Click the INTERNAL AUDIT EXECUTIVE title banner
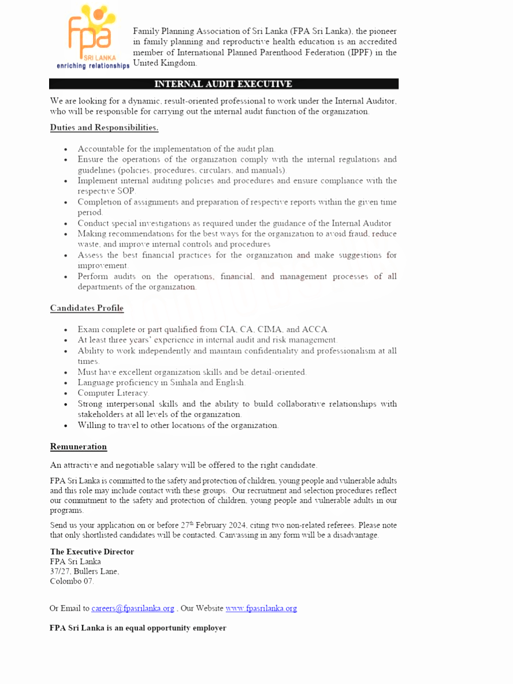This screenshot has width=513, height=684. pos(224,84)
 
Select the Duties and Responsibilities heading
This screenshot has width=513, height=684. pos(104,128)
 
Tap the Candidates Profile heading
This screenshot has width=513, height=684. pos(87,308)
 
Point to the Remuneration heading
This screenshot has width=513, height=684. pos(79,447)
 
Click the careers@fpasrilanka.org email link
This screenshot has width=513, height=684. pos(133,608)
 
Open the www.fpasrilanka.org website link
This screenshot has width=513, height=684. pos(261,608)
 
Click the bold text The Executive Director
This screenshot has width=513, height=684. pos(92,552)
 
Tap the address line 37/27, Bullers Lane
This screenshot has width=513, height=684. pos(84,571)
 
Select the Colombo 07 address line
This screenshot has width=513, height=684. pos(72,581)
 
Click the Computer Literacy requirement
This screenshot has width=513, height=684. pos(113,393)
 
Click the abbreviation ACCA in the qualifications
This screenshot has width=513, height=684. pos(315,330)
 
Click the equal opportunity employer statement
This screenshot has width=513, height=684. pos(137,628)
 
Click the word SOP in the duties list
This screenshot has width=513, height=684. pos(126,191)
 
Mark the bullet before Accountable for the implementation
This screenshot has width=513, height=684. pos(66,149)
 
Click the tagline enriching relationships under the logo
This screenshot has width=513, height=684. pos(93,66)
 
